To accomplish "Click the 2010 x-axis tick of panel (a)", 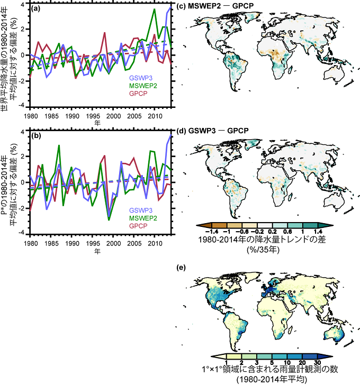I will tap(155, 116).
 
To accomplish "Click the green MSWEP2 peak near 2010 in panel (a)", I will tap(154, 10).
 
